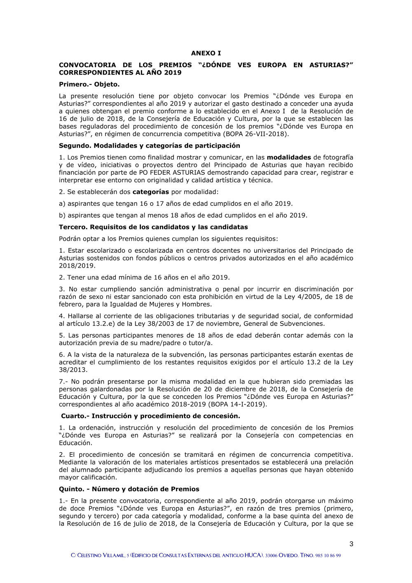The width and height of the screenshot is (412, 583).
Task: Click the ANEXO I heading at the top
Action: (206, 53)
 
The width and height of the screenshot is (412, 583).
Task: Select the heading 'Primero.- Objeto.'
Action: (89, 85)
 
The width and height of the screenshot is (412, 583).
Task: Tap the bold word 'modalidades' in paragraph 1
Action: (289, 158)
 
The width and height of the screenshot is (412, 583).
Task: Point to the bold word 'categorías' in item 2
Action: (150, 192)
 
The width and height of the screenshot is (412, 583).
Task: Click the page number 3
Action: (351, 544)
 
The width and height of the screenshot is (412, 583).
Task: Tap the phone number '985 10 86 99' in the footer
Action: (328, 556)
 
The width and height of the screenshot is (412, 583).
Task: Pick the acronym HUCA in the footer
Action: (253, 555)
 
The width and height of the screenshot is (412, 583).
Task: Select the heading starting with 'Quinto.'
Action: (129, 489)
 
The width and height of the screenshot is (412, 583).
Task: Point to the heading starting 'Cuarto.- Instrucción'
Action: (150, 416)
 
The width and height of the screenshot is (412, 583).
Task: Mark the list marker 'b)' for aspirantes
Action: (62, 215)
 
